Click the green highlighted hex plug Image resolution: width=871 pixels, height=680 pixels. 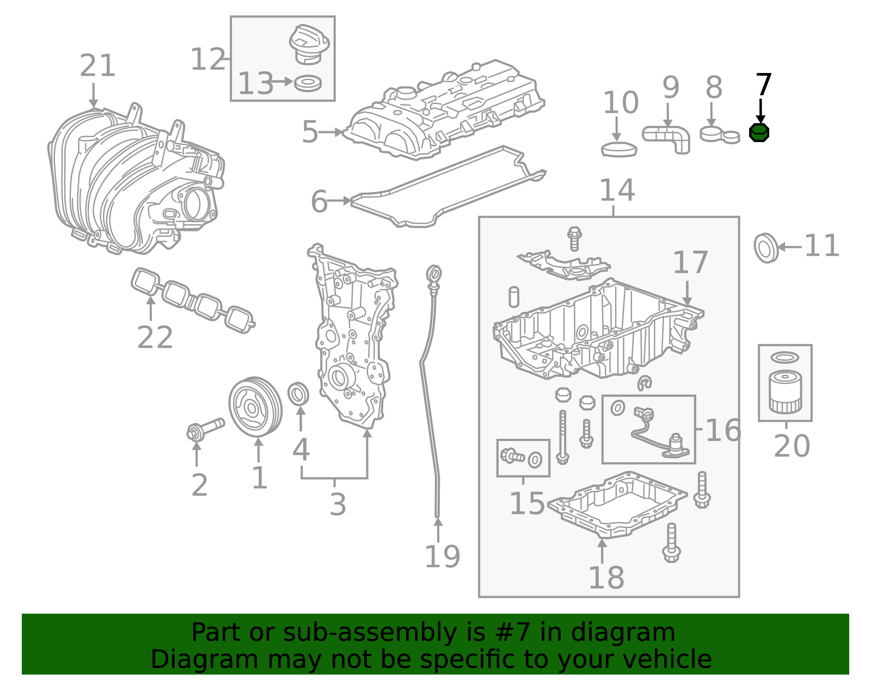pyautogui.click(x=759, y=133)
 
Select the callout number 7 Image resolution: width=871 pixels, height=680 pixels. pyautogui.click(x=763, y=84)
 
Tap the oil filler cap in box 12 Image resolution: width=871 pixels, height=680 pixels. pyautogui.click(x=309, y=44)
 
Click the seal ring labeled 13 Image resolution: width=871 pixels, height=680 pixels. pyautogui.click(x=308, y=83)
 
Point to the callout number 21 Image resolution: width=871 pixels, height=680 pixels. pyautogui.click(x=97, y=65)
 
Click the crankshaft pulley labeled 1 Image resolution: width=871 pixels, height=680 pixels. pyautogui.click(x=255, y=407)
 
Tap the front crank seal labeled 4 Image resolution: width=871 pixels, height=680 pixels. pyautogui.click(x=298, y=394)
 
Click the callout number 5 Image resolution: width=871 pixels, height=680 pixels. pyautogui.click(x=309, y=132)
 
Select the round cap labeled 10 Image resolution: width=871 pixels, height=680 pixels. pyautogui.click(x=619, y=149)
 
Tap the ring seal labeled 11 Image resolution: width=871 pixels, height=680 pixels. pyautogui.click(x=766, y=248)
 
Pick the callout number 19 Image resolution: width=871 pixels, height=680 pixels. pyautogui.click(x=442, y=556)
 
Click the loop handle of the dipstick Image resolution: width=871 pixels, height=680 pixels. pyautogui.click(x=434, y=274)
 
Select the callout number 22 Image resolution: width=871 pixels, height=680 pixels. pyautogui.click(x=155, y=338)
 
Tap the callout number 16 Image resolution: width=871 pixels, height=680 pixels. pyautogui.click(x=723, y=430)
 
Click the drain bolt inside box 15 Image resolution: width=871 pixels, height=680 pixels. pyautogui.click(x=512, y=456)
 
